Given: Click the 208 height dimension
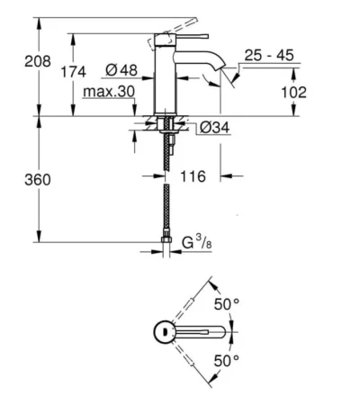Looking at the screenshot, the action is pyautogui.click(x=38, y=61).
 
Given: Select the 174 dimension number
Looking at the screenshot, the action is pyautogui.click(x=74, y=72).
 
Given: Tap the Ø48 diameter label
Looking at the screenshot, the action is pyautogui.click(x=121, y=70).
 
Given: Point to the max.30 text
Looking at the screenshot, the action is pyautogui.click(x=109, y=92).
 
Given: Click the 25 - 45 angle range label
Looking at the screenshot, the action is pyautogui.click(x=269, y=55).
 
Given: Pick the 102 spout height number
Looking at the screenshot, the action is pyautogui.click(x=293, y=93).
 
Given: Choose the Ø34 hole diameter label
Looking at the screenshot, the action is pyautogui.click(x=214, y=128).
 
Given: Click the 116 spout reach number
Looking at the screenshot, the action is pyautogui.click(x=193, y=176).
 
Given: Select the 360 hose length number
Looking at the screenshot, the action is pyautogui.click(x=38, y=180).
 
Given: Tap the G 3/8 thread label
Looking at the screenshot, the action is pyautogui.click(x=197, y=242).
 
